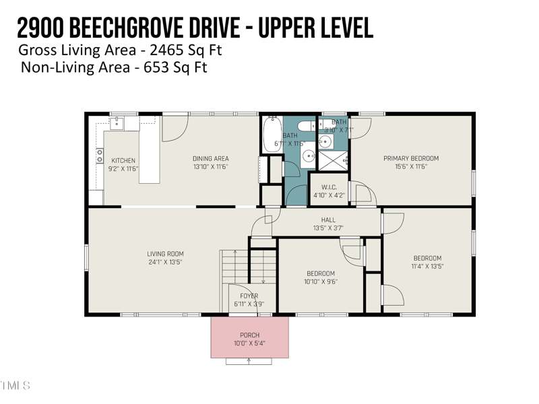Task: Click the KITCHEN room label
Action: (123, 160)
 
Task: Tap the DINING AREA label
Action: (211, 158)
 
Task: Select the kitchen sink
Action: (118, 123)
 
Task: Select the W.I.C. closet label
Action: (329, 187)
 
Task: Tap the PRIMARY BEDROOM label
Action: (411, 158)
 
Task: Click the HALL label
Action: (328, 220)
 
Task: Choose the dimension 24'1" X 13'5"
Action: (166, 262)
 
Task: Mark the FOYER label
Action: (249, 296)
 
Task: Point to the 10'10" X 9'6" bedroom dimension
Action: (321, 281)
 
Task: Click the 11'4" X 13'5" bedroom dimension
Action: (427, 266)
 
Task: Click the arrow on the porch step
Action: (250, 361)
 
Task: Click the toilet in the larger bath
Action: (305, 126)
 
